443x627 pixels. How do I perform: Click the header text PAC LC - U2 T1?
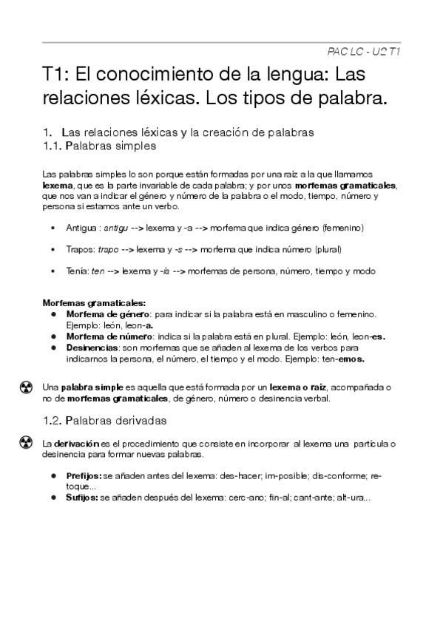coord(363,51)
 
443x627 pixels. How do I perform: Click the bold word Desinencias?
coord(89,348)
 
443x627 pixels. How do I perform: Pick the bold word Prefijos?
coord(84,477)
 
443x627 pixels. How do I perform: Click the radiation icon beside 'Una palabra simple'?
coord(25,387)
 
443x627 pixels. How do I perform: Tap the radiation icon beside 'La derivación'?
coord(25,442)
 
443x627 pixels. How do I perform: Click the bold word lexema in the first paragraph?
coord(56,185)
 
